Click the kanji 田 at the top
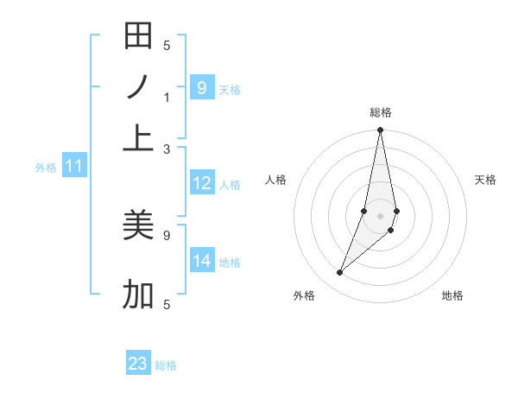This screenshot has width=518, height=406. click(138, 36)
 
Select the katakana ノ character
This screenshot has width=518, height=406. click(138, 87)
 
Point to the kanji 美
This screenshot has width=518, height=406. click(138, 225)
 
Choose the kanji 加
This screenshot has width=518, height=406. click(138, 295)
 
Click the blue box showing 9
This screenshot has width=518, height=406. click(201, 87)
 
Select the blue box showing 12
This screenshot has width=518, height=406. click(201, 183)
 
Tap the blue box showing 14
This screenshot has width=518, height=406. click(201, 261)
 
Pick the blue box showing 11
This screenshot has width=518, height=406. click(73, 166)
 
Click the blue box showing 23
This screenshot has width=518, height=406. click(138, 364)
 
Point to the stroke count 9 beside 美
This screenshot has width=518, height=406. click(167, 234)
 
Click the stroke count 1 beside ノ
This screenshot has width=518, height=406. click(167, 97)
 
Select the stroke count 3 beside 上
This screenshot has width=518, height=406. click(167, 149)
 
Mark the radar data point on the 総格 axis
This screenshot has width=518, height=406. click(380, 130)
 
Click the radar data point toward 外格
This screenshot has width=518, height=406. click(339, 273)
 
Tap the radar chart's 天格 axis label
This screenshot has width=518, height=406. click(485, 180)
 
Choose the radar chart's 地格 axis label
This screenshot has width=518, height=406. click(452, 295)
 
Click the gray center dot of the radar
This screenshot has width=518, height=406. click(380, 216)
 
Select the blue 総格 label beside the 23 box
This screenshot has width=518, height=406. click(166, 365)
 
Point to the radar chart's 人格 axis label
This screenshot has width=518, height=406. click(275, 180)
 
